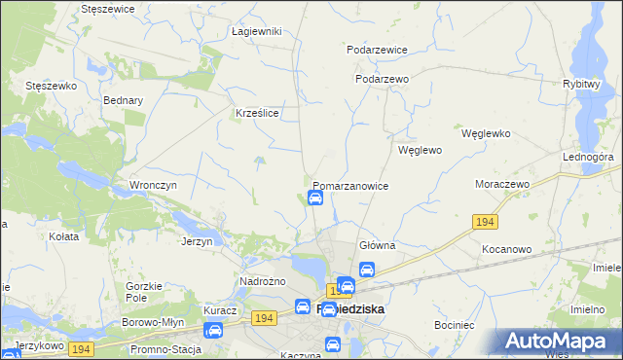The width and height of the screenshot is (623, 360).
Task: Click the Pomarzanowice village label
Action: coord(350,186)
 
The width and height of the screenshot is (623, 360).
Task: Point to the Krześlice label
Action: coord(258,113)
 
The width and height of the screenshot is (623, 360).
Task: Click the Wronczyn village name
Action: coord(152,184)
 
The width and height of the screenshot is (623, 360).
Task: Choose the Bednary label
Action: coord(123,100)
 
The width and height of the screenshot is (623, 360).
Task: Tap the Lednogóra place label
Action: coord(587,156)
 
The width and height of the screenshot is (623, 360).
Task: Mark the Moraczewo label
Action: coord(501,184)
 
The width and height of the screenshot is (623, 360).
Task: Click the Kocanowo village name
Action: coord(506,249)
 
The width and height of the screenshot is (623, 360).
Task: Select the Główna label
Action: coord(377,246)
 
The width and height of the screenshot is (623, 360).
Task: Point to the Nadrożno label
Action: coord(262,281)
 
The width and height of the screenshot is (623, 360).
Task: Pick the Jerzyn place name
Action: coord(197,241)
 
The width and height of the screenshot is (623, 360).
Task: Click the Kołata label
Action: coord(63,235)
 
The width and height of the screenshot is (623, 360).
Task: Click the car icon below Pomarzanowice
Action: coord(315,198)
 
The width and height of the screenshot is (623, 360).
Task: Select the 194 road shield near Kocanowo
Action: coord(487,223)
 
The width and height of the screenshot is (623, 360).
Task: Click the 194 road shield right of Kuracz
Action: coord(261,318)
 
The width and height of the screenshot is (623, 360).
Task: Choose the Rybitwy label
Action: coord(580,85)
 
